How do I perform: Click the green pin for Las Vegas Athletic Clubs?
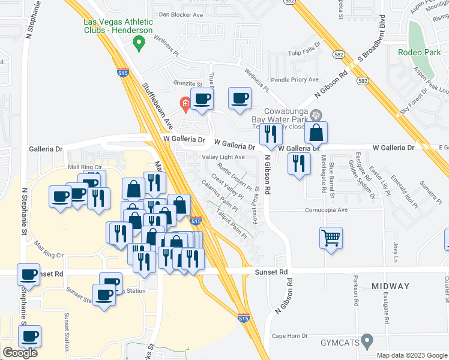139,43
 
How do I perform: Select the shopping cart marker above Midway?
331,239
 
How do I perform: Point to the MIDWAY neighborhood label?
390,286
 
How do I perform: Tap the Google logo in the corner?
20,353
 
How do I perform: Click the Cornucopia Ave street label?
327,210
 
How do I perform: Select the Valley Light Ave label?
223,157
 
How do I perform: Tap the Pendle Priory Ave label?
295,79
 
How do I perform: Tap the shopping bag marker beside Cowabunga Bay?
316,133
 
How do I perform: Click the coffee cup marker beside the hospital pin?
202,99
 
